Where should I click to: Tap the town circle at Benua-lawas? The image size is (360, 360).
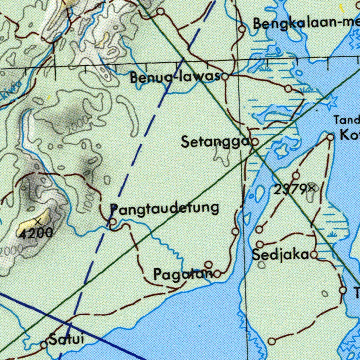(x=225, y=76)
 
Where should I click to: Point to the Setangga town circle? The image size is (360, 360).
(x=255, y=142)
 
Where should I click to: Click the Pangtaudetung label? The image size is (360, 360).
(x=165, y=208)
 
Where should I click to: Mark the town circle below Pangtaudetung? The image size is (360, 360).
(x=112, y=222)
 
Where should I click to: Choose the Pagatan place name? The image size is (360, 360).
(x=183, y=274)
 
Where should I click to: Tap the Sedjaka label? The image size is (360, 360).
(x=281, y=255)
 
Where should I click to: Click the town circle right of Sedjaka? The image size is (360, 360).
(x=314, y=254)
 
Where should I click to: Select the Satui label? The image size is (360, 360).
(x=66, y=340)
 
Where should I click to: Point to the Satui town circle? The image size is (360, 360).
(x=44, y=345)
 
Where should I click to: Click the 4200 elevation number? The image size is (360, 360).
(x=36, y=233)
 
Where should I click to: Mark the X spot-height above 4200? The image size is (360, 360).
(x=38, y=222)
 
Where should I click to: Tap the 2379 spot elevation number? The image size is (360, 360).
(x=291, y=190)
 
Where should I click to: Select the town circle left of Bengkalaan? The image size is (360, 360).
(x=242, y=29)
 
